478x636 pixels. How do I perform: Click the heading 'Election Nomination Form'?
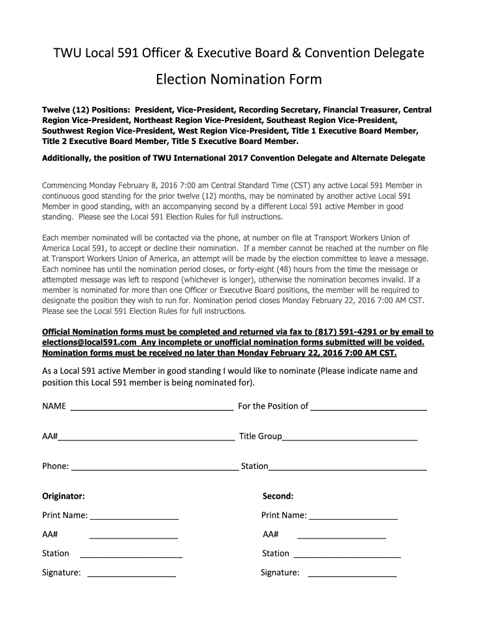[238, 79]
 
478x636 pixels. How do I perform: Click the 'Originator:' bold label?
[63, 496]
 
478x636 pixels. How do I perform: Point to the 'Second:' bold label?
[277, 496]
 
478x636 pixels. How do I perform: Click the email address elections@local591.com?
[88, 342]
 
